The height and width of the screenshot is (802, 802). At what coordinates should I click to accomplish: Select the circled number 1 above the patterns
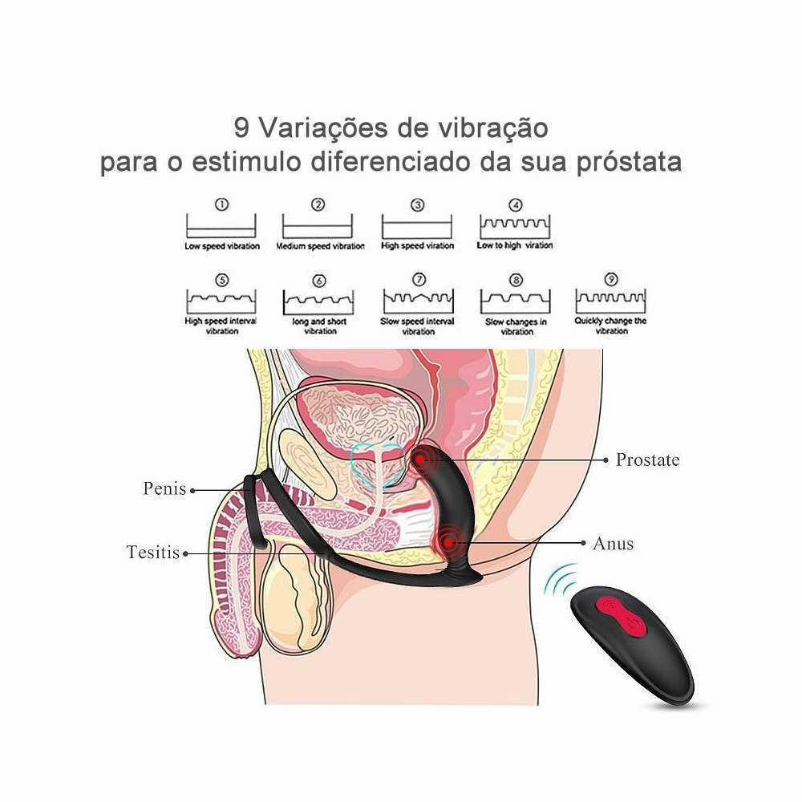point(221,205)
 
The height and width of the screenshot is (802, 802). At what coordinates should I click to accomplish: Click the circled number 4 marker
point(516,205)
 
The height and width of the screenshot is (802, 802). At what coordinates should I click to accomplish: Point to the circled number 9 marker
point(611,279)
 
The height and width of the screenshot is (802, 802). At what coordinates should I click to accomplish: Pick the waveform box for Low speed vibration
point(221,225)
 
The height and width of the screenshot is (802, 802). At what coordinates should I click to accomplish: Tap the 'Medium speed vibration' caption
point(320,246)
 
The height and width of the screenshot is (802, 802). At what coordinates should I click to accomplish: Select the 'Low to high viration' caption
point(515,245)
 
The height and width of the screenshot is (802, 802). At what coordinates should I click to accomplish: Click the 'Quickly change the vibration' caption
point(610,326)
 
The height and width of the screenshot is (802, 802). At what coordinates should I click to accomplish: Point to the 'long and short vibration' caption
point(320,326)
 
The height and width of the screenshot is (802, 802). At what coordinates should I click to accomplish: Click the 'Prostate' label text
point(647,460)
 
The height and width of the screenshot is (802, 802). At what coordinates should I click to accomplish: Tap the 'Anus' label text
point(614,544)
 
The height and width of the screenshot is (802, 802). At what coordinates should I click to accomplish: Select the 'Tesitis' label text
point(153,553)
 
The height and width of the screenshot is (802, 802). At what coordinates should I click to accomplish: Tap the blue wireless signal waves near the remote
point(559,581)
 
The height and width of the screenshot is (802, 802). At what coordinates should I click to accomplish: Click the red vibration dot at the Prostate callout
point(419,460)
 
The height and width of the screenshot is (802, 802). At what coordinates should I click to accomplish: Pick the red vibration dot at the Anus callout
point(448,542)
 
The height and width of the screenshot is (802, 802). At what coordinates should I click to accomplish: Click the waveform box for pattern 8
point(516,302)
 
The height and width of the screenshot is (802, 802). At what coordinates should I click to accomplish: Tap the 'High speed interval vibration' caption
point(221,326)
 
